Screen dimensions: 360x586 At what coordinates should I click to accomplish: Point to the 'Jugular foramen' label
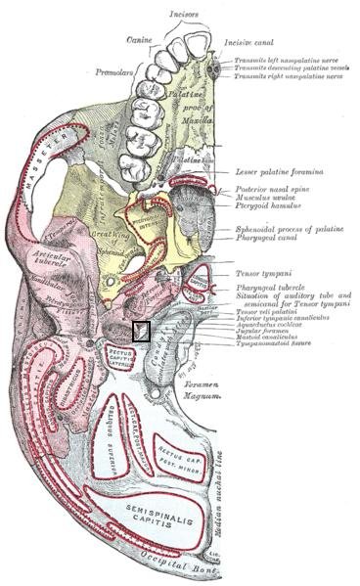pyautogui.click(x=261, y=331)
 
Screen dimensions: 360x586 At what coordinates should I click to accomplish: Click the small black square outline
pyautogui.click(x=141, y=331)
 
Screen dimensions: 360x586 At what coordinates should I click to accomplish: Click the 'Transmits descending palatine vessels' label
pyautogui.click(x=292, y=68)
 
